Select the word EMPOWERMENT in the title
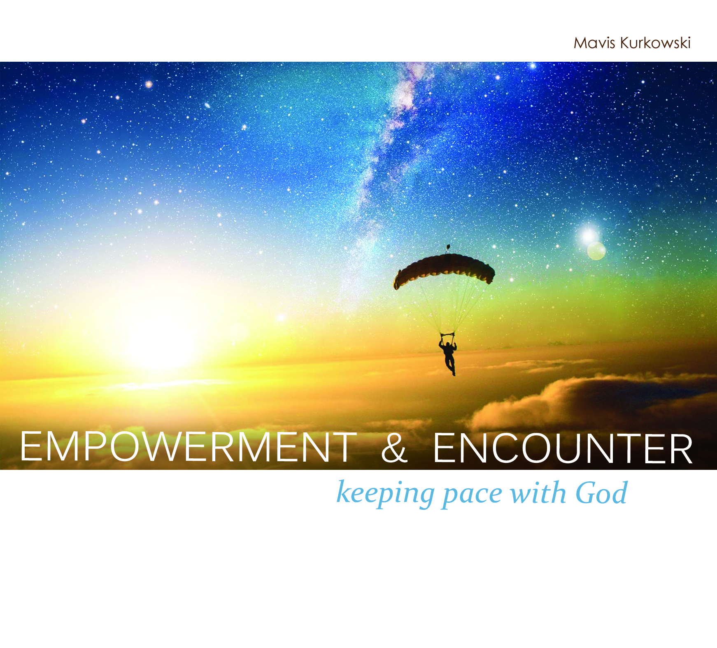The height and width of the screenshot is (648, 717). (188, 447)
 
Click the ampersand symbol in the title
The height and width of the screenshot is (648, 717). (394, 448)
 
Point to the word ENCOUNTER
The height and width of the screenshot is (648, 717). (563, 448)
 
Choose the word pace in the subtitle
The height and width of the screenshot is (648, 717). (473, 495)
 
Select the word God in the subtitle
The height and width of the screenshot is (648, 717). (601, 492)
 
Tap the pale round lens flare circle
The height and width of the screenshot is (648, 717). (596, 251)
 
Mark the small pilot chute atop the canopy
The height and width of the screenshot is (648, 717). (448, 248)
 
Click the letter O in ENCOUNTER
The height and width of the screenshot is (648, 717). (512, 448)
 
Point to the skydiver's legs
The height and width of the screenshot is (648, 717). (450, 366)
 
